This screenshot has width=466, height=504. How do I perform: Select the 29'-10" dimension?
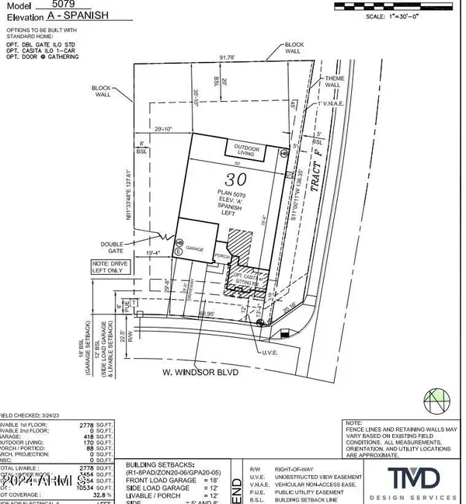(146, 128)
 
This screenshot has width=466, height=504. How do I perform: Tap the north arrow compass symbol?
(436, 402)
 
